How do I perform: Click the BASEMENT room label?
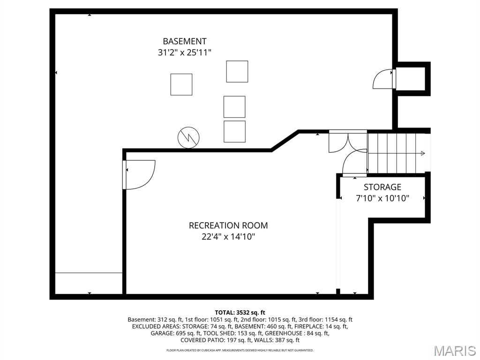pos(184,41)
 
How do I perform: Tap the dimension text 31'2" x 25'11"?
pos(184,52)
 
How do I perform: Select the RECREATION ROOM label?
pos(228,225)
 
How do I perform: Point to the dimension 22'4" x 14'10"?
pos(228,237)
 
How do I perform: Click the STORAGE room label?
pos(382,187)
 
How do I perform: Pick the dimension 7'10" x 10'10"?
pos(382,198)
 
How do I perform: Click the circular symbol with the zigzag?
pos(188,138)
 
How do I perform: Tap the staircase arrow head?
pos(423,153)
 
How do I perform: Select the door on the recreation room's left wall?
pos(139,175)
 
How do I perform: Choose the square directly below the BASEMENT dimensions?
pos(237,71)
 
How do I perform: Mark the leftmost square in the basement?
pos(181,84)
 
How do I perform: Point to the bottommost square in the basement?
pos(234,132)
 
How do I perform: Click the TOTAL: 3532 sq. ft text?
pos(240,312)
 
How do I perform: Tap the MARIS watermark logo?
pos(455,350)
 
